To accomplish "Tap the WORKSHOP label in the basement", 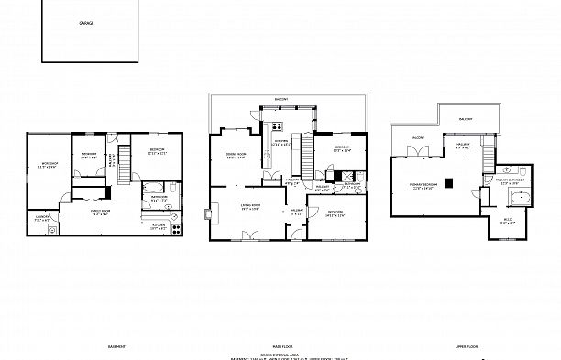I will tap(49, 166).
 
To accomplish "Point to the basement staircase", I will tap(115, 161).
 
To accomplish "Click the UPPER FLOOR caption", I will tap(467, 347).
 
